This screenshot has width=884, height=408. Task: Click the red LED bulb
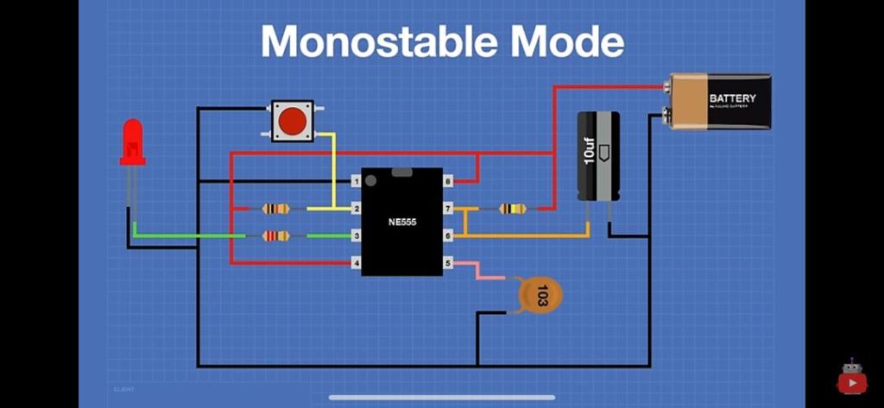(132, 140)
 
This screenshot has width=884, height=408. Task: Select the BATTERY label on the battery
(732, 98)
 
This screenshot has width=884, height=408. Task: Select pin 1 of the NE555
(355, 181)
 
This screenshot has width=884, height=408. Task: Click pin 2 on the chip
(355, 209)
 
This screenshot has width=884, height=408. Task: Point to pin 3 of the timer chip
(355, 235)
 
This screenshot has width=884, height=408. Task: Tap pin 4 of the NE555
(355, 262)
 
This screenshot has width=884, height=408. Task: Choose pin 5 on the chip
(448, 262)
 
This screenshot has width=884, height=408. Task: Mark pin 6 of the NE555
(448, 235)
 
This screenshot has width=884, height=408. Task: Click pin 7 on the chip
(448, 209)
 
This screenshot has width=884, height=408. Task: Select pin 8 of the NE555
(448, 181)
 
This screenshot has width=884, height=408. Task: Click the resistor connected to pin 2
(275, 209)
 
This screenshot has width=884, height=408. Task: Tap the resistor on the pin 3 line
(275, 235)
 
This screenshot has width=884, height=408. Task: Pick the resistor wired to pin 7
(513, 209)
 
